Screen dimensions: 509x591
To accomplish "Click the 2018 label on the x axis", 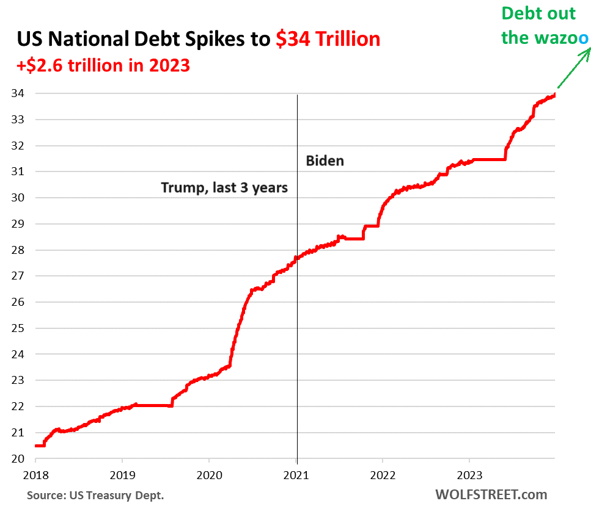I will point(35,474).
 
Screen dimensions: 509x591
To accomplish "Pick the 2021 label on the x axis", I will point(297,474).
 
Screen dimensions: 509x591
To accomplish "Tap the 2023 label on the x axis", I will point(469,474).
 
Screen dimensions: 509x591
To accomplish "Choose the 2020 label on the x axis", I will point(209,474).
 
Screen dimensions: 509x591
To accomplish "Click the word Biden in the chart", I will point(325,161).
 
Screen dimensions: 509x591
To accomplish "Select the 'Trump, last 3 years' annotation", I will point(224,187).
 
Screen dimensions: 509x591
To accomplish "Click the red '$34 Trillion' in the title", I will point(328,39).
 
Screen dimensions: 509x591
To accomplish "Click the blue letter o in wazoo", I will point(584,38).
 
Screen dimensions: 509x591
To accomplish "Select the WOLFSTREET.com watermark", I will point(491,494).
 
